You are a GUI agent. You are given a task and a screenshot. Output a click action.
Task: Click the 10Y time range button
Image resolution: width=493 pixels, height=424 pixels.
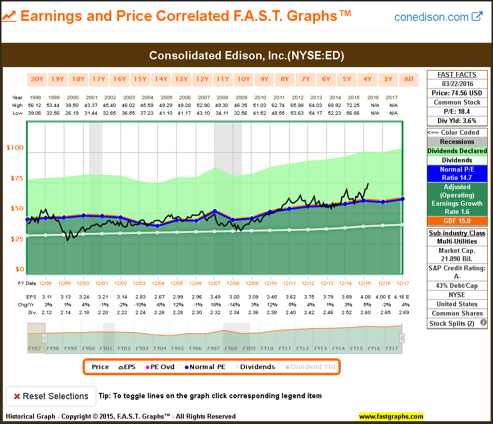point(243,79)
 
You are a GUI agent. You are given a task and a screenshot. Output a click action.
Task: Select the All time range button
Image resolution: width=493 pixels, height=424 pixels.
point(408,79)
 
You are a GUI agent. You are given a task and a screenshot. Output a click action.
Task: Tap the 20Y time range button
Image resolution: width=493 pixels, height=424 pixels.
point(37,79)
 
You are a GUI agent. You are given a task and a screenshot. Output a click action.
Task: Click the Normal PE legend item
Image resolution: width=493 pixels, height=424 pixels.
point(205,367)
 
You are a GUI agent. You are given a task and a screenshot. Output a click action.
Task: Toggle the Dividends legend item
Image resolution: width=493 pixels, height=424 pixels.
point(255,367)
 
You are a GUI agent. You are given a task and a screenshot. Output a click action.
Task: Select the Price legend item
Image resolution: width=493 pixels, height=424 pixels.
point(100,367)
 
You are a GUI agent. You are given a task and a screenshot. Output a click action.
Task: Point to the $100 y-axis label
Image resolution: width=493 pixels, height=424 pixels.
point(14,148)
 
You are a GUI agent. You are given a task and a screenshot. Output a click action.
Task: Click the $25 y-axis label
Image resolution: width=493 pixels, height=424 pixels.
point(16,239)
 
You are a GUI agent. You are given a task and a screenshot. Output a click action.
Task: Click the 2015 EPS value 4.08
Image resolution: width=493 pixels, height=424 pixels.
point(365,296)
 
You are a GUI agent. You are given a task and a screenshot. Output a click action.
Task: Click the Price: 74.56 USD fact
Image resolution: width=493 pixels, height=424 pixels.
point(457,93)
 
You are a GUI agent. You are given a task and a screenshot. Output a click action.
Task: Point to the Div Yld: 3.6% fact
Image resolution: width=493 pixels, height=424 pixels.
point(457,121)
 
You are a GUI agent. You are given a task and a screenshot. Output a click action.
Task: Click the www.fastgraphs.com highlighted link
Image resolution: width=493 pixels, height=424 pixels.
point(391,417)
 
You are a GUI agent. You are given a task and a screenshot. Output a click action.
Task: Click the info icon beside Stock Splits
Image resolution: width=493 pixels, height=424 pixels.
point(483,322)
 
